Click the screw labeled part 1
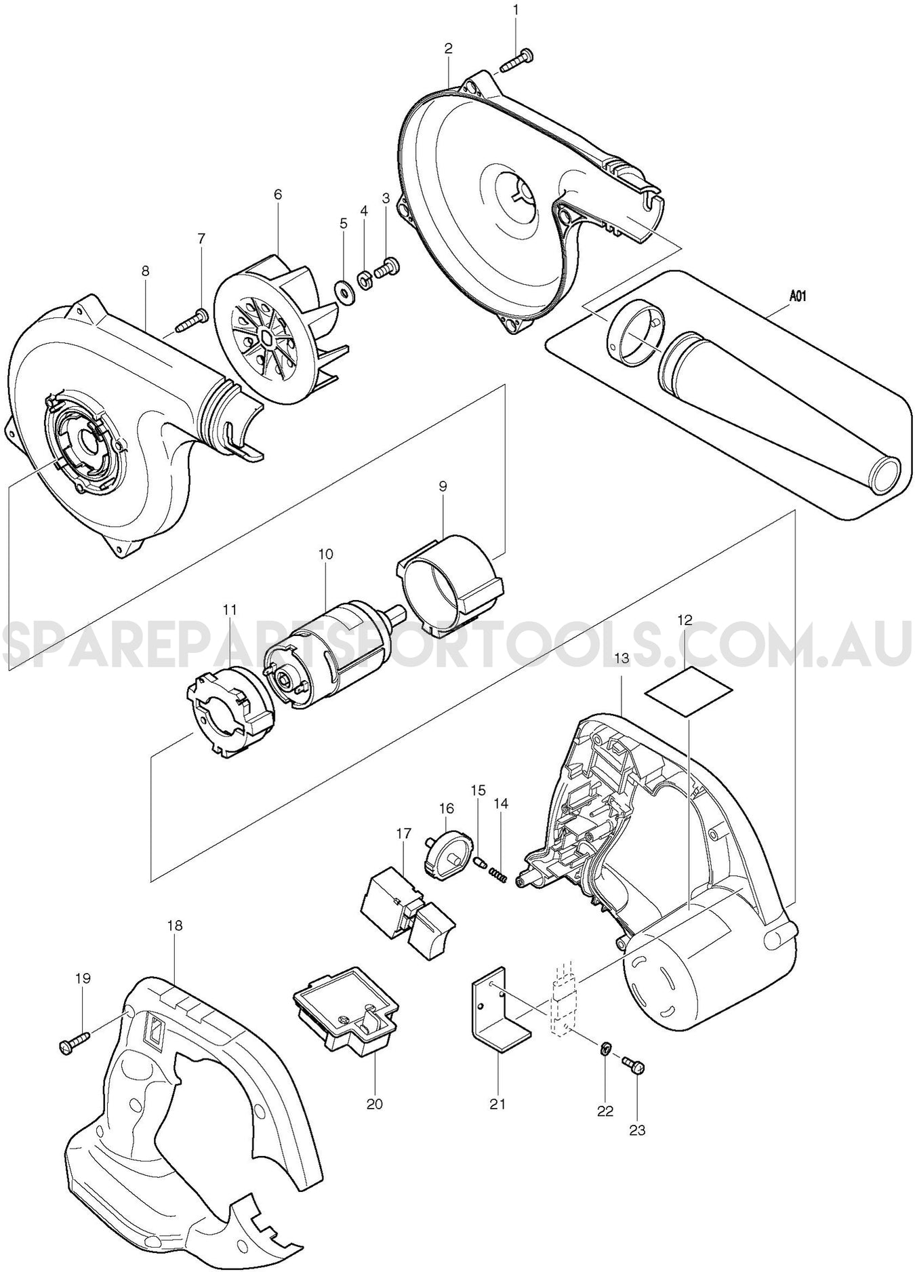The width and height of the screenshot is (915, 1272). (518, 59)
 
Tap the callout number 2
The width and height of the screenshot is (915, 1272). (449, 48)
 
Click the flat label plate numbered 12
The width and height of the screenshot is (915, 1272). (688, 690)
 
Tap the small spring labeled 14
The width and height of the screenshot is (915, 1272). (498, 875)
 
